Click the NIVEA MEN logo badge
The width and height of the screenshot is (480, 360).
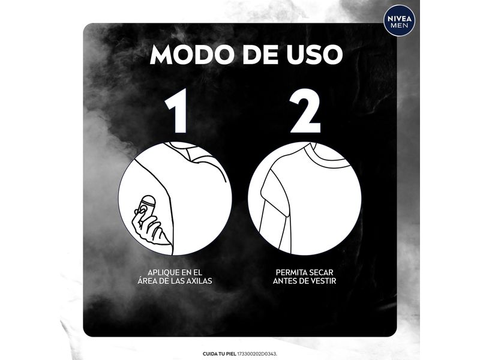pyautogui.click(x=399, y=21)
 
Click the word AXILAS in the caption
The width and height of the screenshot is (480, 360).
pyautogui.click(x=199, y=281)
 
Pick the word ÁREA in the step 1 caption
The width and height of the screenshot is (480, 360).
pyautogui.click(x=146, y=280)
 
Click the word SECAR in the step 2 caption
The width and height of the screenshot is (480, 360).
pyautogui.click(x=322, y=272)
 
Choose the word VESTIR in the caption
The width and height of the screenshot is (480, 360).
pyautogui.click(x=323, y=281)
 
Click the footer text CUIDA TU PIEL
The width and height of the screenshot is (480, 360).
pyautogui.click(x=219, y=354)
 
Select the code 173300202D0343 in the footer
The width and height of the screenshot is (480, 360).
pyautogui.click(x=257, y=354)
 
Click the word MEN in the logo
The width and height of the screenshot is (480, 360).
pyautogui.click(x=399, y=25)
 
